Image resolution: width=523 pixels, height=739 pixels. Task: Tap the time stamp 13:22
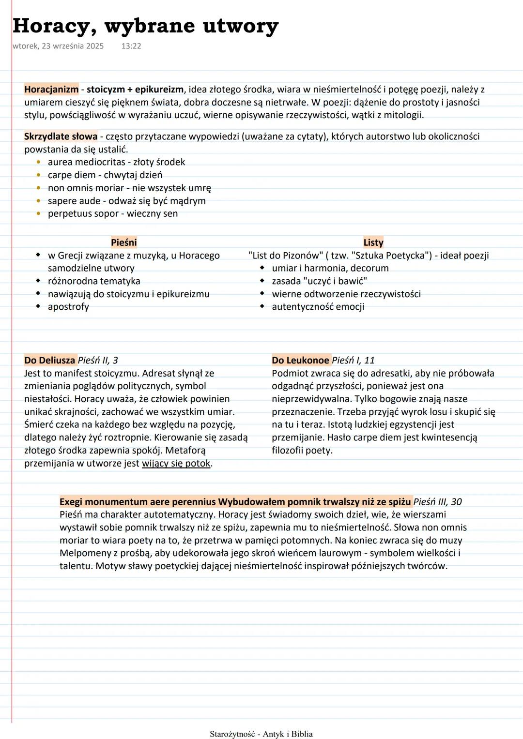(131, 46)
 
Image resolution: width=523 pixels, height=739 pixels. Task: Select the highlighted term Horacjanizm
(51, 90)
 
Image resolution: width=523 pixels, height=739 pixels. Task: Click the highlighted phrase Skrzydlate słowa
(61, 136)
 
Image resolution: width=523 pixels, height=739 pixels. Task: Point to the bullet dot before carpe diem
(39, 175)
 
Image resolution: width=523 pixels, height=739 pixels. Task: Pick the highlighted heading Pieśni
(124, 242)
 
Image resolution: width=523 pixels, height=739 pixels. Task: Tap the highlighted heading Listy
(373, 242)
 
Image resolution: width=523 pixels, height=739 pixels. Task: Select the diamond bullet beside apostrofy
(38, 306)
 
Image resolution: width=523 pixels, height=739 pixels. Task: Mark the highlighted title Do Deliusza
(50, 360)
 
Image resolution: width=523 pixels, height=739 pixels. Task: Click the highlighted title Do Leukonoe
(300, 360)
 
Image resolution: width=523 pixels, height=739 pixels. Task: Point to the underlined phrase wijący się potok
(176, 463)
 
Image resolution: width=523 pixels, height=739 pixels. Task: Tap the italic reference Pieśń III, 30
(438, 502)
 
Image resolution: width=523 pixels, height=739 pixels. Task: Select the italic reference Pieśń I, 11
(354, 360)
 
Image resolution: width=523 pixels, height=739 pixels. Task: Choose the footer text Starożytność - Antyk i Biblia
(261, 734)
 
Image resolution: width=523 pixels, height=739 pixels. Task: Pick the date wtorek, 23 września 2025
(58, 46)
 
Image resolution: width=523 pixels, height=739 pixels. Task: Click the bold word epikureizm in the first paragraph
(159, 90)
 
